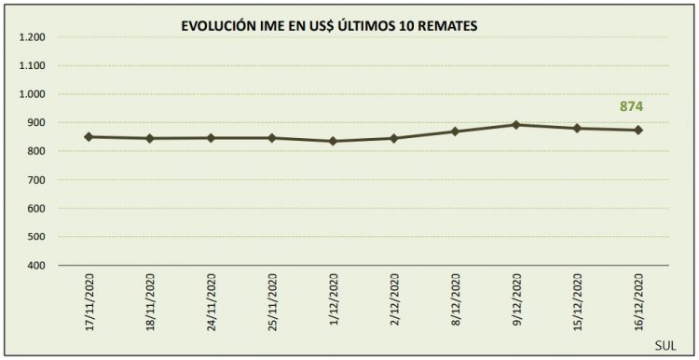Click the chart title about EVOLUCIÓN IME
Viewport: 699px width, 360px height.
pos(329,28)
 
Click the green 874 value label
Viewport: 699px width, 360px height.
pos(632,106)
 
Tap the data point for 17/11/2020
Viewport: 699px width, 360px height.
pos(89,137)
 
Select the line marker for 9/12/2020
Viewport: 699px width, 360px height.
pos(516,124)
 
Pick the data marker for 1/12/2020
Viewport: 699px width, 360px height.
pos(333,141)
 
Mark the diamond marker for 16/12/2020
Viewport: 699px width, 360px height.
pos(638,130)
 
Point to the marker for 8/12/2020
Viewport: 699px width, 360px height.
pos(455,132)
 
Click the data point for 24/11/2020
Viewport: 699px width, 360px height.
pos(211,138)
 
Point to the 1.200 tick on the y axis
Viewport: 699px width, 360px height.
pos(32,38)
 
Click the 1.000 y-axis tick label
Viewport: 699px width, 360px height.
pos(32,95)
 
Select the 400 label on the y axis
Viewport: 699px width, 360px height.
pos(36,266)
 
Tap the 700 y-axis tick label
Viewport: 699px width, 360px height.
pos(36,180)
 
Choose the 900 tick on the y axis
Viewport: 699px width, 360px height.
pos(36,123)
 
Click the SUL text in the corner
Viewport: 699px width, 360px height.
pos(665,346)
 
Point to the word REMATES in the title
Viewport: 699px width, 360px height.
pos(446,28)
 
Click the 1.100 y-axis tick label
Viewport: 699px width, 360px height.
pos(32,66)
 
